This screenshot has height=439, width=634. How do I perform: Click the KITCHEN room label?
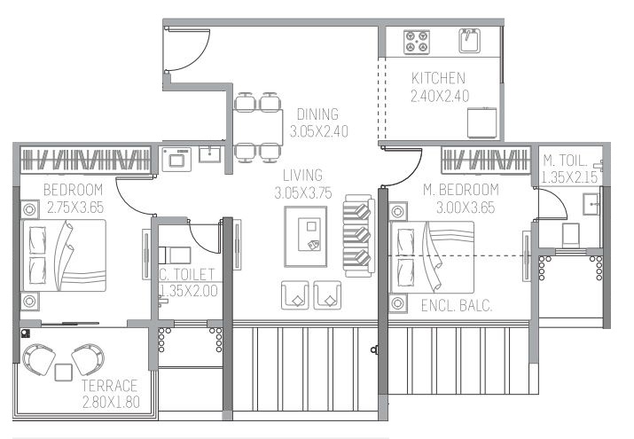(x=438, y=78)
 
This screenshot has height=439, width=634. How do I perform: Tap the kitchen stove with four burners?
(x=416, y=42)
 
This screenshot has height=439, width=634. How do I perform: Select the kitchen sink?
(x=469, y=41)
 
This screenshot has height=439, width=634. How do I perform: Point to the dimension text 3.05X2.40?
(x=318, y=131)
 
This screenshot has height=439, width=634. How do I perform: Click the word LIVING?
(x=302, y=176)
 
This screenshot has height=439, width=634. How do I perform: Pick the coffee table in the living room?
(x=305, y=237)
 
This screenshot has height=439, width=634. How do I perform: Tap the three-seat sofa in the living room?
(x=358, y=235)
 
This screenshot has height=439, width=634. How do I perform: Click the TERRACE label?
(x=109, y=386)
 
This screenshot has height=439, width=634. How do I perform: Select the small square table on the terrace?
(x=64, y=372)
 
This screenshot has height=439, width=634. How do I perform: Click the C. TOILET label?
(x=186, y=274)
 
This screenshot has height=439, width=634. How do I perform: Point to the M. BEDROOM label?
(x=460, y=190)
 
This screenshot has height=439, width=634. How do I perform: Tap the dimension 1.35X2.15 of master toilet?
(x=569, y=177)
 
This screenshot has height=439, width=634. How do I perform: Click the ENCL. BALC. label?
(x=457, y=306)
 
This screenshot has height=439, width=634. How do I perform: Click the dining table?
(x=257, y=127)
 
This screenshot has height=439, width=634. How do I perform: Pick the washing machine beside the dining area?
(x=176, y=160)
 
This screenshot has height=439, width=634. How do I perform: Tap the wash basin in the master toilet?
(x=591, y=204)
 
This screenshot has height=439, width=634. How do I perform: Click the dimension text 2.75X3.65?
(x=75, y=208)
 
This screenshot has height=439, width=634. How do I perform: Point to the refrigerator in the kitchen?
(x=481, y=122)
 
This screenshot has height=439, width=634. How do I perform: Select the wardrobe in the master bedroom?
(x=486, y=160)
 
